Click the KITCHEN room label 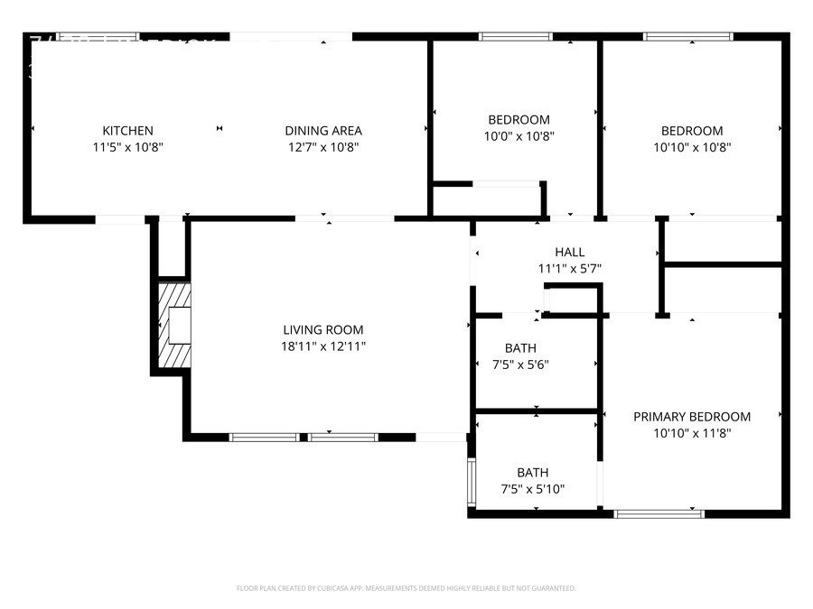coord(127,131)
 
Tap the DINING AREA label coord(323,131)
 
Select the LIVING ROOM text coord(323,330)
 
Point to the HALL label coord(569,253)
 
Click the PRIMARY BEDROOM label coord(692,417)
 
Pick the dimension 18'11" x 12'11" coord(323,346)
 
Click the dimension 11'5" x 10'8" coord(127,147)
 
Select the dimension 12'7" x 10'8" coord(323,147)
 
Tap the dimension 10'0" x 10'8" coord(519,136)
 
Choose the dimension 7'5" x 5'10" coord(533,489)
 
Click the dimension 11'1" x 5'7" coord(569,268)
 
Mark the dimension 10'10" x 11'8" coord(692,433)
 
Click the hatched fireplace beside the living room coord(176,326)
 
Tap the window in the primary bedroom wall coord(659,513)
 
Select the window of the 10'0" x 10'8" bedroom coord(515,37)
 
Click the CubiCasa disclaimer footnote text coord(406,588)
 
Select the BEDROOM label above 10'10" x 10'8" coord(692,131)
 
